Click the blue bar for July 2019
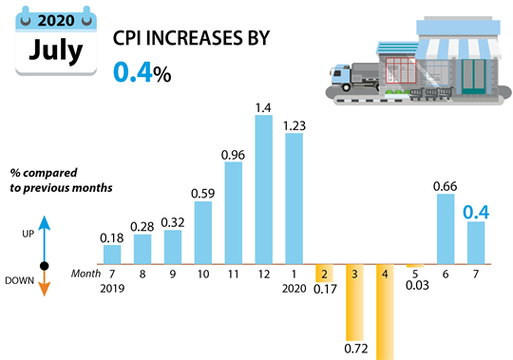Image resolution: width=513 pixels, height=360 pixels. tap(112, 254)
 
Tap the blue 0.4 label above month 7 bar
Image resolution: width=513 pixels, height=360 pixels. tap(475, 211)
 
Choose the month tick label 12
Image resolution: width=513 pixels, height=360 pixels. tap(263, 274)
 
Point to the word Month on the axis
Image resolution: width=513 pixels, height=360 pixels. tap(85, 274)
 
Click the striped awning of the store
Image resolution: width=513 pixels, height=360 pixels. tap(456, 47)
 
